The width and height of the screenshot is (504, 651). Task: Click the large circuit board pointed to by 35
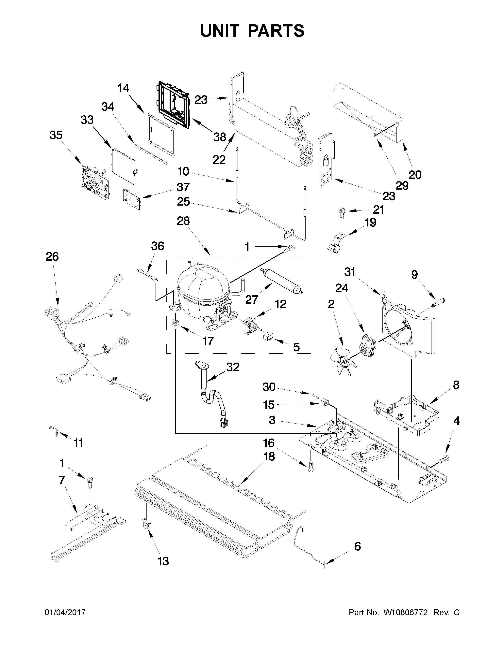pos(95,181)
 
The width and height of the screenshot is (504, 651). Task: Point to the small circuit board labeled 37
pos(131,199)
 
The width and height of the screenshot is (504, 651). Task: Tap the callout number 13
pos(163,561)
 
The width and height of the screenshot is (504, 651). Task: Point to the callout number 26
pos(52,257)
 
